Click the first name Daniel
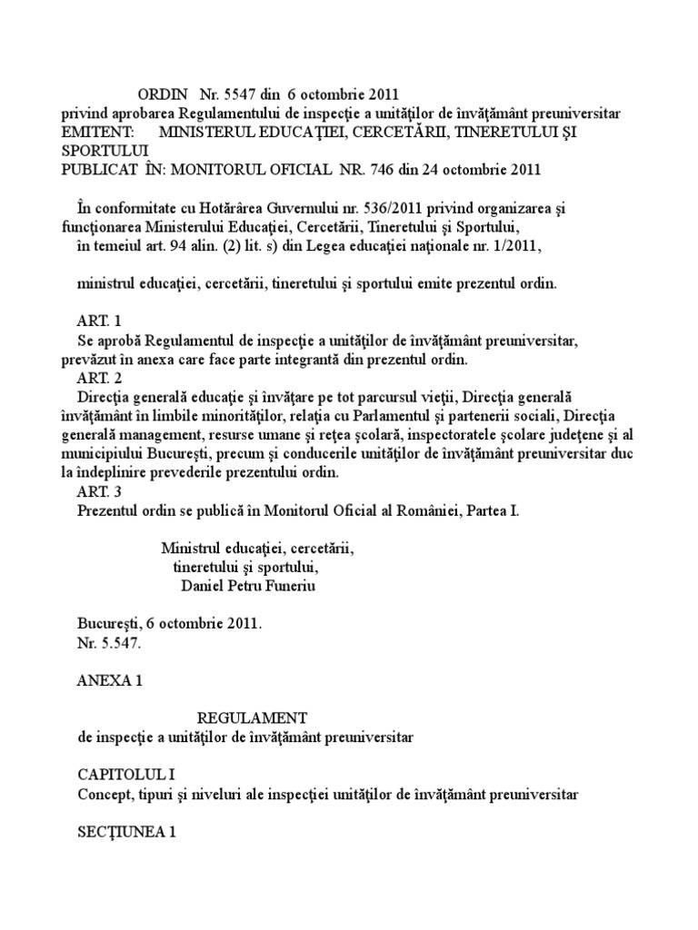click(x=205, y=586)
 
